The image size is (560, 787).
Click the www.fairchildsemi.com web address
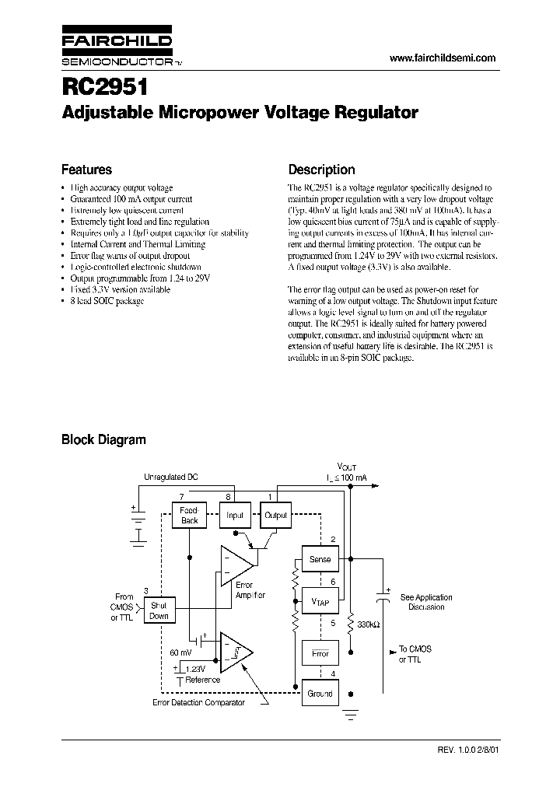coord(441,58)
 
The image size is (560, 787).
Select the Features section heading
coord(86,170)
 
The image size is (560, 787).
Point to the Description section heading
coord(321,170)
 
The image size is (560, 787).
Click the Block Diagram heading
coord(103,439)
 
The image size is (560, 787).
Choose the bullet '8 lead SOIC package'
coord(107,301)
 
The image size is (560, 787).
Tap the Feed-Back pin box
coord(190,516)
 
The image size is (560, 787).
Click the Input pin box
coord(235,515)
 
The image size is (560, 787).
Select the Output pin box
coord(275,515)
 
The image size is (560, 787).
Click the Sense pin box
coord(320,559)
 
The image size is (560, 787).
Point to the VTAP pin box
coord(320,601)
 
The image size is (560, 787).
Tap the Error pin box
coord(320,653)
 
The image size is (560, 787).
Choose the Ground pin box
coord(320,693)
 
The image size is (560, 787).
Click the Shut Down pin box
coord(159,610)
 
